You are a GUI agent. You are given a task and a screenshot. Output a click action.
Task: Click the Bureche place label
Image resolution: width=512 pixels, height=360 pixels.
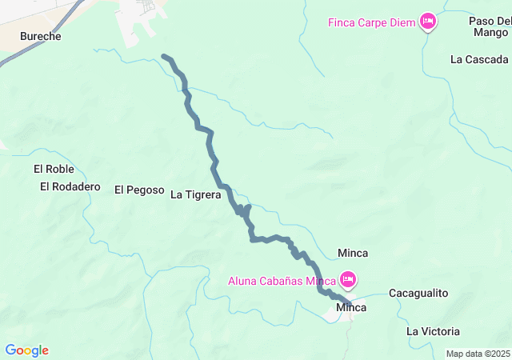(40, 37)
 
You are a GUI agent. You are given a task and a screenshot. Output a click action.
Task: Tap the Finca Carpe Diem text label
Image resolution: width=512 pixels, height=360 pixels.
(371, 22)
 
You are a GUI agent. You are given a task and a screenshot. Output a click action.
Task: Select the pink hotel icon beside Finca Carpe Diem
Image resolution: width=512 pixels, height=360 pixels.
(428, 22)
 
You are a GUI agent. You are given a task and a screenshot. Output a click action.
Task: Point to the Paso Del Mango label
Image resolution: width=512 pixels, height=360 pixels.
(490, 26)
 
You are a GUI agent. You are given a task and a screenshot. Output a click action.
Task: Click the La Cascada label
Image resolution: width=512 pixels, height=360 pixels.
(478, 59)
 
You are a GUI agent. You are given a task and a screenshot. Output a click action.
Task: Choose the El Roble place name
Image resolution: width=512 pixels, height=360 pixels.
(54, 169)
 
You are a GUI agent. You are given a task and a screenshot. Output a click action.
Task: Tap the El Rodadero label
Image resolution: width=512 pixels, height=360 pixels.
(70, 186)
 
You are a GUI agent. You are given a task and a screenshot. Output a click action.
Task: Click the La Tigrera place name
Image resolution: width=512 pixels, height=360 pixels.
(195, 193)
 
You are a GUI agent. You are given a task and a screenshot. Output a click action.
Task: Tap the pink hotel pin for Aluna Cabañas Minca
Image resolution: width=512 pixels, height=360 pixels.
(348, 279)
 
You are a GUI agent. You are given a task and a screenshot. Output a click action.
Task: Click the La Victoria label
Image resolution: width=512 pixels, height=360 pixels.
(433, 331)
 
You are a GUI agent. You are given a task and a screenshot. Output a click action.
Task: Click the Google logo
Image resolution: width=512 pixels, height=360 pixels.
(26, 350)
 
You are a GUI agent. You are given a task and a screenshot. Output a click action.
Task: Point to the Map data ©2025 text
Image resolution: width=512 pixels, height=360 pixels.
(478, 354)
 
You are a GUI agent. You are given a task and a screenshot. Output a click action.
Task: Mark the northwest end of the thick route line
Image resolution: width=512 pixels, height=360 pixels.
(164, 57)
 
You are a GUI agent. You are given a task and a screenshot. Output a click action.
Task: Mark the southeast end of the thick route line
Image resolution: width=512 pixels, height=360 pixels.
(349, 304)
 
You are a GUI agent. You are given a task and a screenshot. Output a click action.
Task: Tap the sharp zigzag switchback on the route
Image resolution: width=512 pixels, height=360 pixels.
(242, 210)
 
